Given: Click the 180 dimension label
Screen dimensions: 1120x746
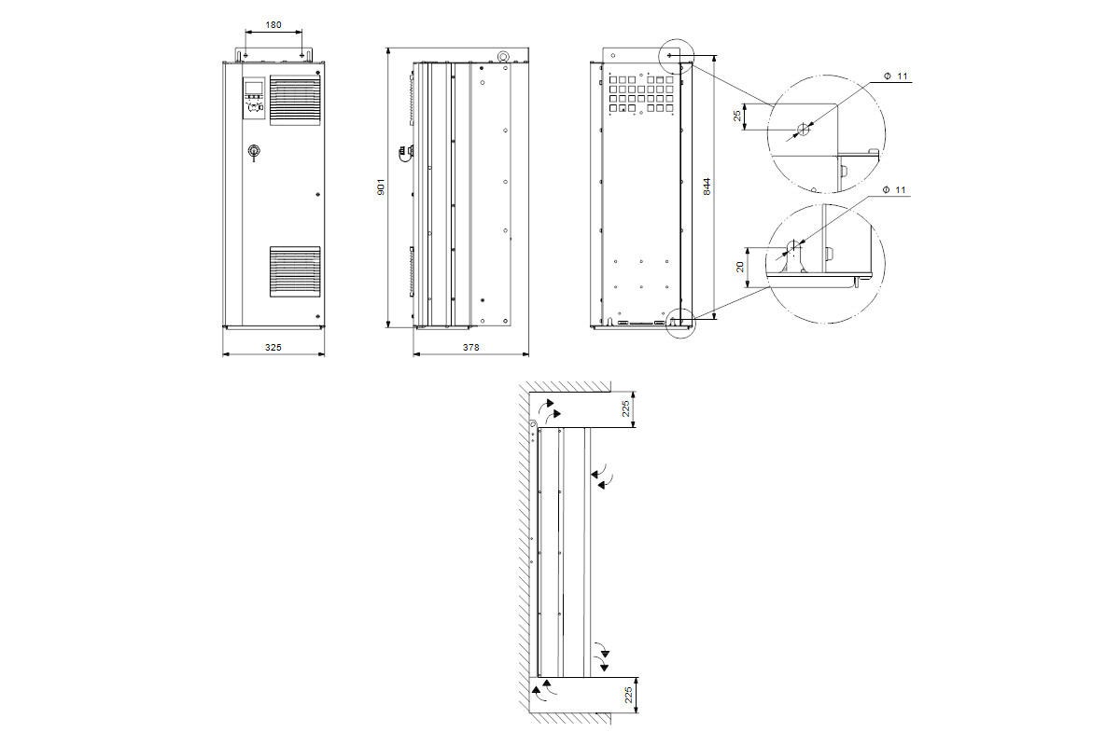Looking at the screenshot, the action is coord(273,25).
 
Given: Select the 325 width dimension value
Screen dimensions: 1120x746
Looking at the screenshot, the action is coord(273,347).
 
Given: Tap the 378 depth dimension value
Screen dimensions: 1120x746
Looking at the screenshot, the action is coord(471,347).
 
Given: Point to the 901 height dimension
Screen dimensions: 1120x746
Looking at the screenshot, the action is coord(381,186).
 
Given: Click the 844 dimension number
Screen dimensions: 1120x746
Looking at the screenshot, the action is coord(707,186).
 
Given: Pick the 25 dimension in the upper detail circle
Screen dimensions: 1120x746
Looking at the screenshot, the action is coord(737,116).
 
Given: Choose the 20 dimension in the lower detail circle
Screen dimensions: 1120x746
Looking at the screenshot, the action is coord(740,267).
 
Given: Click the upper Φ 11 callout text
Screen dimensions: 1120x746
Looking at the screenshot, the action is coord(895,76).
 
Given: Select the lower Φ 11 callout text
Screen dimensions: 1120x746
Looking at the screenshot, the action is coord(894,190).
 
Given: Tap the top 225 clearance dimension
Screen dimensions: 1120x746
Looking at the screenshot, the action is coord(625,409).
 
